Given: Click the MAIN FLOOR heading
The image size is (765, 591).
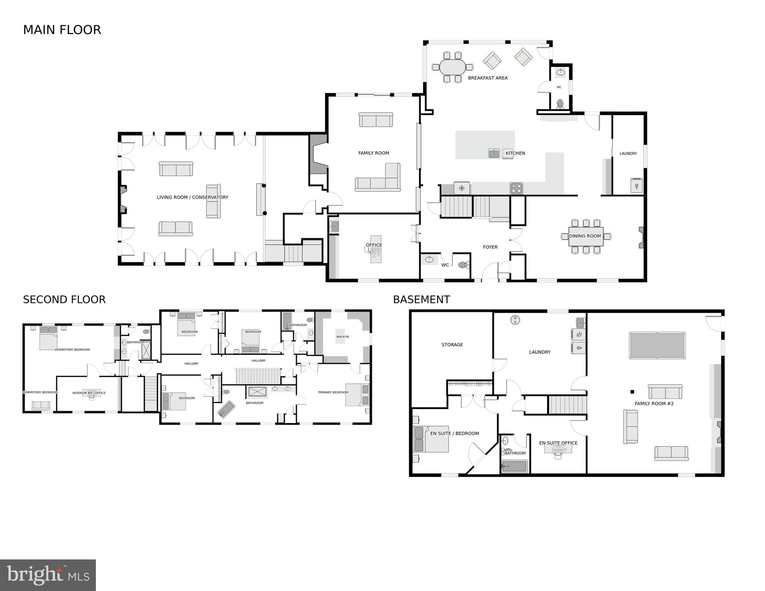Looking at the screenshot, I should (x=62, y=30).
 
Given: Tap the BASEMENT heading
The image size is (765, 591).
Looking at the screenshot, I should (x=421, y=300).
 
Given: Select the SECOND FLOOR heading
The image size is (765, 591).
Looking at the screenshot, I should (x=64, y=300).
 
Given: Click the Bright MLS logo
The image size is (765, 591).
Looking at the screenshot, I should (x=48, y=575).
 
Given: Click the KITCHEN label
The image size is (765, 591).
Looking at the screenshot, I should (x=515, y=153).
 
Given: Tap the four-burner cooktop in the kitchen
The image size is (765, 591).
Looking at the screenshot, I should (x=516, y=188).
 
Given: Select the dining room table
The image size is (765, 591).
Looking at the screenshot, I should (x=586, y=236).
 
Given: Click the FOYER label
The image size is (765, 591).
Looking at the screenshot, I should (x=490, y=247).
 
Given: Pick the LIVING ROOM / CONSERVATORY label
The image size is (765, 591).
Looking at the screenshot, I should (x=193, y=197).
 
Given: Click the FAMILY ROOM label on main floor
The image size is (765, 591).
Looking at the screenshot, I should (x=373, y=153).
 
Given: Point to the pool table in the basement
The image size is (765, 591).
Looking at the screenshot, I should (x=657, y=345).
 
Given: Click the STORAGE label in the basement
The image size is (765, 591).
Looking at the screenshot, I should (x=452, y=345).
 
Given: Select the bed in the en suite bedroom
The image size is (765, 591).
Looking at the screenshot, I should (x=431, y=439).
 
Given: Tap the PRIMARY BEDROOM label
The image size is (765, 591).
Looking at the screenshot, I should (x=333, y=392).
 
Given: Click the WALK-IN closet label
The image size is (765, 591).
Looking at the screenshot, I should (x=342, y=337).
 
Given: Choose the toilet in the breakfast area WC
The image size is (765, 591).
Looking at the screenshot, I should (x=560, y=103).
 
